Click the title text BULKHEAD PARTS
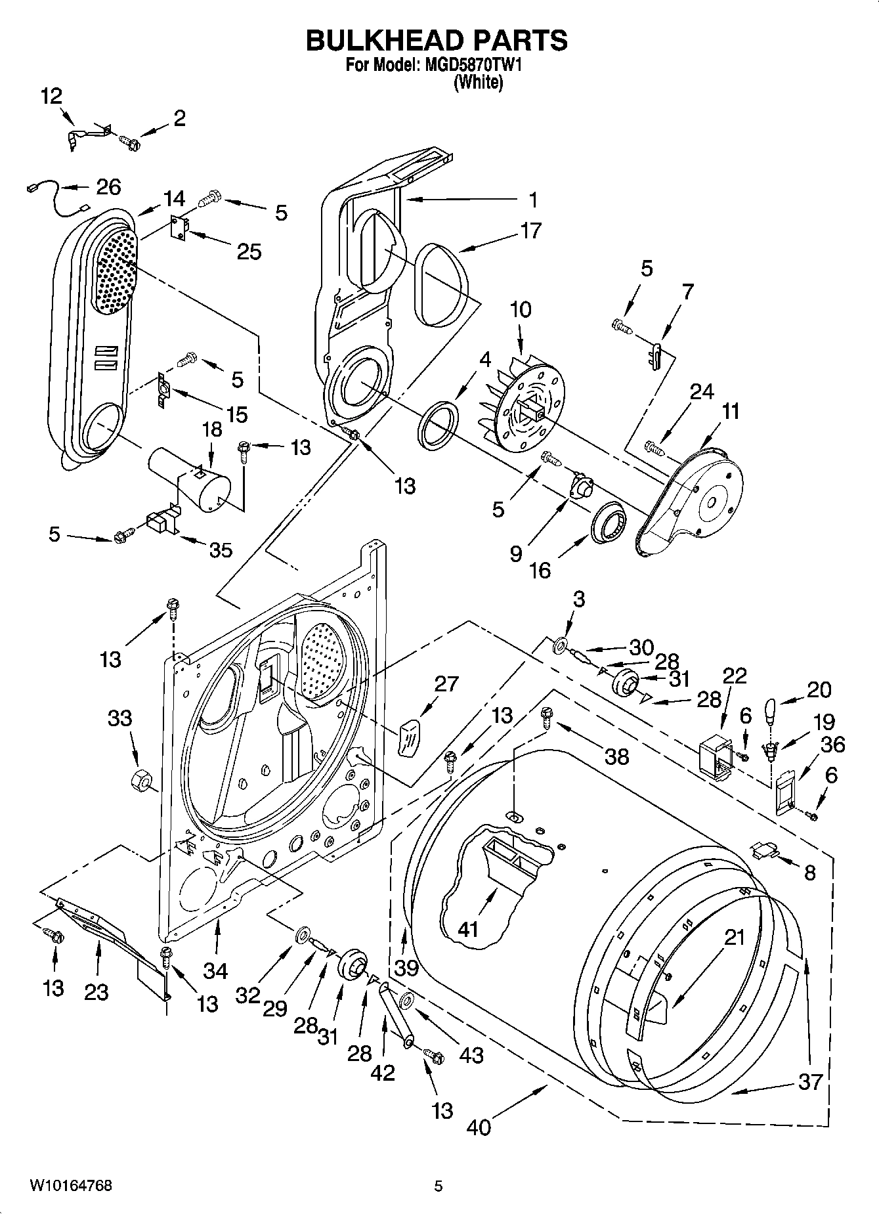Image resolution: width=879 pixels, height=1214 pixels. click(437, 40)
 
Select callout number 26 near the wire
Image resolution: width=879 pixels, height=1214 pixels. click(108, 187)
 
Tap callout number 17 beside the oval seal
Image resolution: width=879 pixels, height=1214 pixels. click(530, 231)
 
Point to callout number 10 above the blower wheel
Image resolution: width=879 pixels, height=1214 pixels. click(521, 309)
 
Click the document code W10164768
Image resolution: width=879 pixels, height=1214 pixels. click(70, 1186)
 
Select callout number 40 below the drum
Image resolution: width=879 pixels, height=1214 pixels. click(479, 1127)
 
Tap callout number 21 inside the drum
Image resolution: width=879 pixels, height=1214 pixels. click(734, 937)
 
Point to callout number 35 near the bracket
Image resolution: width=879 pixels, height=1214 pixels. click(220, 550)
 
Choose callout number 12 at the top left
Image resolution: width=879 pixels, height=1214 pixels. click(51, 97)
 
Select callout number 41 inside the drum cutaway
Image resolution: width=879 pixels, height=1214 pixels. click(468, 929)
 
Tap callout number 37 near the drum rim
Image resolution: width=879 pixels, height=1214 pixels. click(809, 1081)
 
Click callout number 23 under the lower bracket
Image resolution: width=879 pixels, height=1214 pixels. click(96, 991)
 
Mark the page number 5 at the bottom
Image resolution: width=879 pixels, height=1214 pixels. click(439, 1186)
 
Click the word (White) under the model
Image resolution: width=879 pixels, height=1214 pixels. click(479, 83)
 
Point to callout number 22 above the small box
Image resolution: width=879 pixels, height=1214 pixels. click(735, 676)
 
